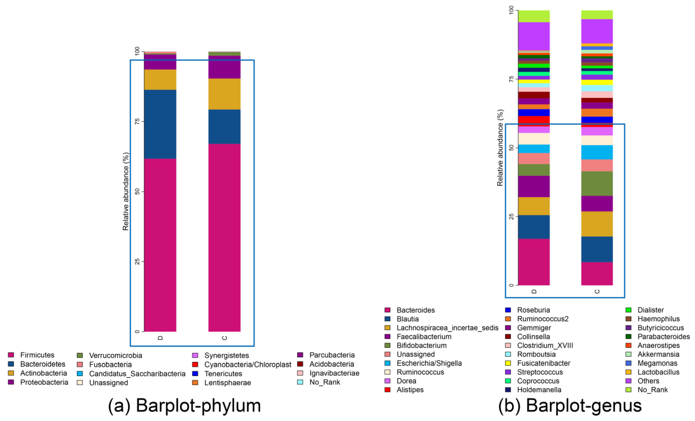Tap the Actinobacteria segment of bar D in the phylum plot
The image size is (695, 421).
point(160,80)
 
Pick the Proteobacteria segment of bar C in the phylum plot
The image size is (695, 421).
point(224,67)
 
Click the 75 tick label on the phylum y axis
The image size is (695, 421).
point(137,121)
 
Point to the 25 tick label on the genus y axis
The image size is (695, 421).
point(511,217)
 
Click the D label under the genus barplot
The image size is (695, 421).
point(534,291)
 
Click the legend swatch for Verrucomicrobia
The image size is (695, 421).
point(80,355)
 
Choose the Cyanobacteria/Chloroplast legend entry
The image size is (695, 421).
point(247,365)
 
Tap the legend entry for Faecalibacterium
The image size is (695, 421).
point(424,337)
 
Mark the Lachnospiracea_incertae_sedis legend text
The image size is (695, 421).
point(447,328)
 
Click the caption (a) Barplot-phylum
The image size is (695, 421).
point(185,406)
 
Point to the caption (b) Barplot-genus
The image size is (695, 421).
point(570,406)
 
